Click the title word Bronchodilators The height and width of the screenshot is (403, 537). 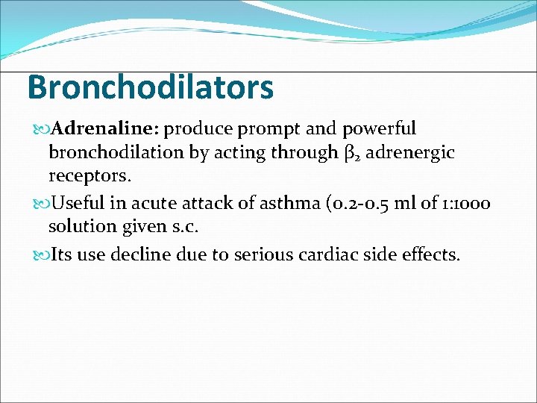(x=150, y=87)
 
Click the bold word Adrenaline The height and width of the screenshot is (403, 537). (x=105, y=128)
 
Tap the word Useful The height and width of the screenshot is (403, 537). (x=78, y=202)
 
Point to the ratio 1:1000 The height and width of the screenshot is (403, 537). (x=461, y=202)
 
